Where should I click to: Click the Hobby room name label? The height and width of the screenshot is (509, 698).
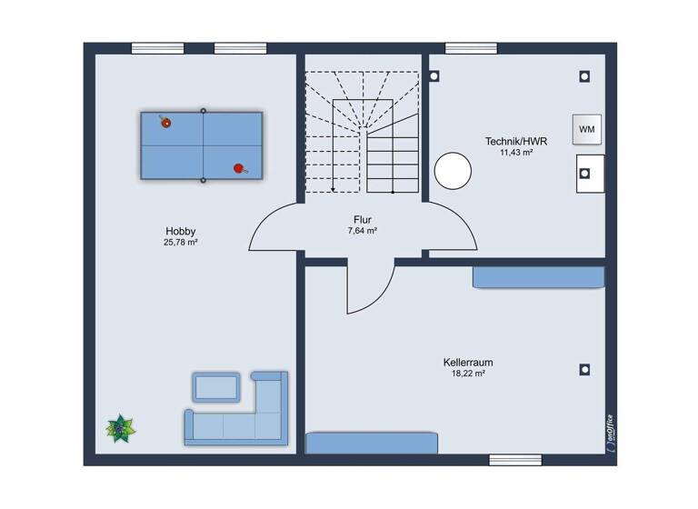[180, 231]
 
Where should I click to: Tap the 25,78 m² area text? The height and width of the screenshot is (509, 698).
[180, 243]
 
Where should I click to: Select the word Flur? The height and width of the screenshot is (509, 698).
[363, 219]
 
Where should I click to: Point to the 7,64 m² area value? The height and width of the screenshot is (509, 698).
[363, 231]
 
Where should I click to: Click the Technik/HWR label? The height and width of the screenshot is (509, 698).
[515, 141]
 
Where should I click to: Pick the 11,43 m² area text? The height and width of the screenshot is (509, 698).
[515, 153]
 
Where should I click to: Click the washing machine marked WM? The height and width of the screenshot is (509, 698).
[587, 129]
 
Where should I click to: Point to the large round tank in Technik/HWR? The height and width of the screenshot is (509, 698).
[453, 169]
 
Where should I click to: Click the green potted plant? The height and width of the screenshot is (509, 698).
[118, 427]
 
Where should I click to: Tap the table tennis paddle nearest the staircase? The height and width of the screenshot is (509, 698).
[240, 167]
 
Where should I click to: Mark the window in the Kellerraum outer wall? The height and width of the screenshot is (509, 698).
[514, 460]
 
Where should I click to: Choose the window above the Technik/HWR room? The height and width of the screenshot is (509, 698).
[471, 48]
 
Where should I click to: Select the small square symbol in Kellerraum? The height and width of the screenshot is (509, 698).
[584, 370]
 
